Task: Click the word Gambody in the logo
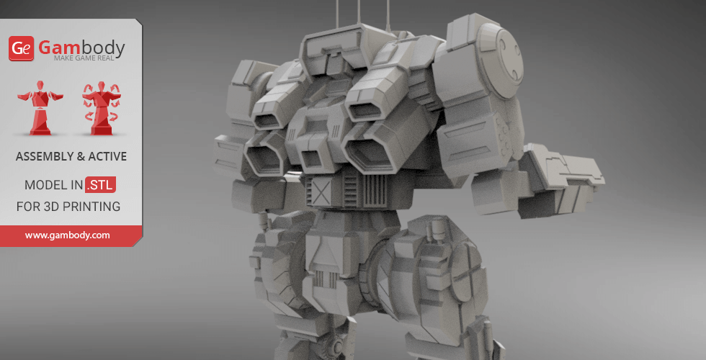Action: (x=81, y=48)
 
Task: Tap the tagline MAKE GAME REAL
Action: (x=89, y=58)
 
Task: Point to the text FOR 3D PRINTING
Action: (x=68, y=207)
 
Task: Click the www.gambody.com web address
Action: (x=68, y=235)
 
